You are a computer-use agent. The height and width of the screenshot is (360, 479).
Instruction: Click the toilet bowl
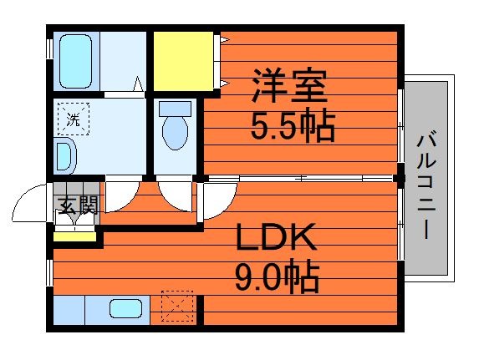(176, 131)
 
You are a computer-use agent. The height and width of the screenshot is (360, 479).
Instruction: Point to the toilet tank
(176, 108)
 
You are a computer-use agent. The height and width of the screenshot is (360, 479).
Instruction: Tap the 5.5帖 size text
(293, 127)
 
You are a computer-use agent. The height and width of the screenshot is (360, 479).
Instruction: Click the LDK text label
(276, 240)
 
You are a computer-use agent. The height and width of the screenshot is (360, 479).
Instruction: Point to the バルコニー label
(426, 184)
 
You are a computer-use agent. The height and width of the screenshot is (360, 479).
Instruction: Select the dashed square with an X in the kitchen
(176, 306)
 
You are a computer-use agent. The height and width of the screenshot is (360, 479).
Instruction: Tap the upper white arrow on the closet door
(224, 39)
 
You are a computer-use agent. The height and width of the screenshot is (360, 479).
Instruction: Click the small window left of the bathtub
(48, 46)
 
